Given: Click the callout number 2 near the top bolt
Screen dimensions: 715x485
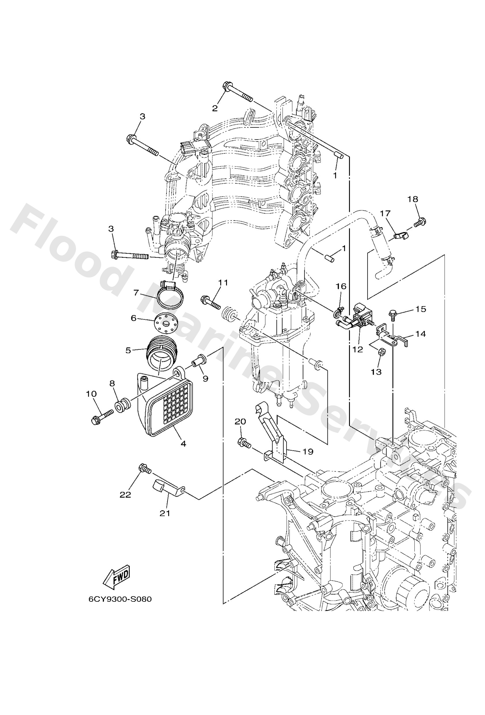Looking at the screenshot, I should point(215,108).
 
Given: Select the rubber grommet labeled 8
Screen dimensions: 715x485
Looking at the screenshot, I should point(122,405).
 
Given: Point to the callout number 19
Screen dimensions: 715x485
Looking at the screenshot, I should point(308,451).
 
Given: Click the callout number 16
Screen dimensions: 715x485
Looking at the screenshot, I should point(341,286).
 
